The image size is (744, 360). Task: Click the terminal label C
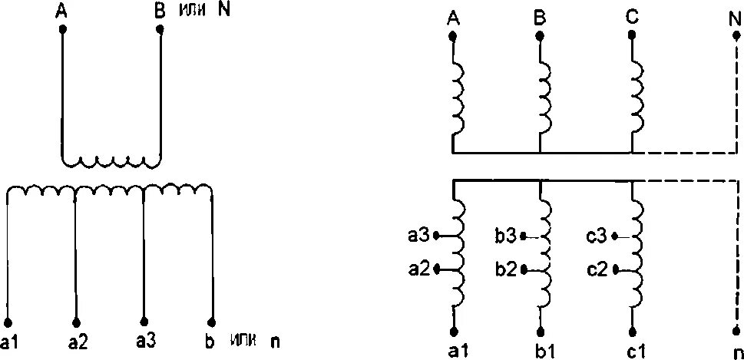point(631,18)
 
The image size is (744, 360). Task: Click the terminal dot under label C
point(631,36)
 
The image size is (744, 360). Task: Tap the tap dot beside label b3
point(523,237)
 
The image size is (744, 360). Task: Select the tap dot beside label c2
point(614,269)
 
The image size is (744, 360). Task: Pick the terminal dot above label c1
point(632,332)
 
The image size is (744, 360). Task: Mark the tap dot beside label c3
point(614,237)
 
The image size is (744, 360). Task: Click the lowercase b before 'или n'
point(211,341)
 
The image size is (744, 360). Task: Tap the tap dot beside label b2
point(523,269)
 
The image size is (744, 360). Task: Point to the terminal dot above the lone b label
point(210,322)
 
